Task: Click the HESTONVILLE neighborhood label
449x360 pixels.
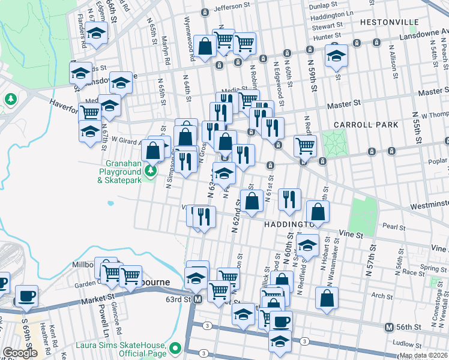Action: (390, 22)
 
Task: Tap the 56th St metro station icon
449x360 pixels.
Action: (389, 327)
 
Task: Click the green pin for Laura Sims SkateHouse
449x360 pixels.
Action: (175, 348)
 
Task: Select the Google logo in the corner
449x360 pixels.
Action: (20, 353)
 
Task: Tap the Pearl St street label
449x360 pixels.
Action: (394, 227)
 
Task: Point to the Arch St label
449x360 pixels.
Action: (382, 295)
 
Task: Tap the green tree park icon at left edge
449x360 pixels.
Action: (10, 98)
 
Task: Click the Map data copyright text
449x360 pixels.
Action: (423, 355)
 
